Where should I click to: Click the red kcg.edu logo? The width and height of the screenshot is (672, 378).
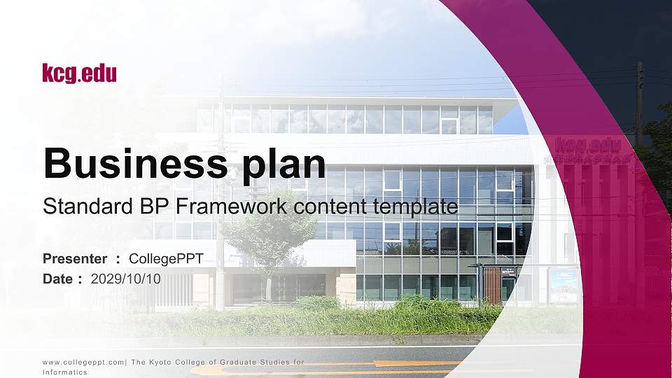coord(79,73)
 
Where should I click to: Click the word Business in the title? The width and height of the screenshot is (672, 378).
coord(135,163)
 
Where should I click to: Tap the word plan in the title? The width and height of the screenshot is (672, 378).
coord(284,166)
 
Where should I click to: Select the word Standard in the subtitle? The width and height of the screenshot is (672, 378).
coord(88,206)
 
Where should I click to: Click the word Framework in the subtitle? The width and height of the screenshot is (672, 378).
coord(232,206)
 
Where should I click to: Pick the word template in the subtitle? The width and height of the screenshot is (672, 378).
coord(415,207)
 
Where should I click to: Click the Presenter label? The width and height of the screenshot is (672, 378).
coord(75,259)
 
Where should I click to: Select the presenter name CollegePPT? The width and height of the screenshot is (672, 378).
coord(166,259)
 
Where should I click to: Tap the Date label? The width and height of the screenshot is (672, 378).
coord(57,279)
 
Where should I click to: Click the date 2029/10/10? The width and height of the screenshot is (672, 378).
coord(125,279)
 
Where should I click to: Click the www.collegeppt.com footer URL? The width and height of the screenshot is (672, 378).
coord(83,363)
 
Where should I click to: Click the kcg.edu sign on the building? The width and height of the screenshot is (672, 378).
coord(588,144)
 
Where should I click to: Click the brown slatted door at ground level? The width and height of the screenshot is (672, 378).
coord(492,285)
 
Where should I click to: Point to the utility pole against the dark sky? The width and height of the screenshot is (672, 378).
coord(639,103)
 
